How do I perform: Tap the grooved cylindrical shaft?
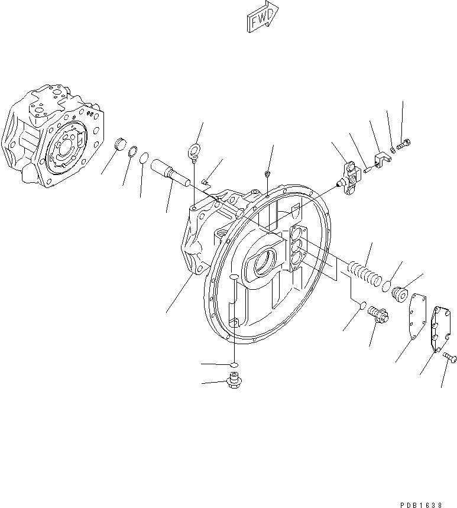pyautogui.click(x=170, y=170)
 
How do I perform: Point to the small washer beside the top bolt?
pyautogui.click(x=394, y=148)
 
